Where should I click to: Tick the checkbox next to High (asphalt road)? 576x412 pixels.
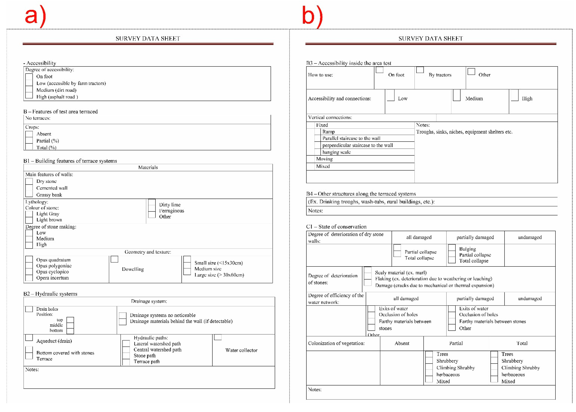click(x=29, y=96)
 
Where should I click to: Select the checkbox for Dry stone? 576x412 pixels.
click(x=29, y=181)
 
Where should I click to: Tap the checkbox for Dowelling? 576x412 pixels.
click(x=115, y=259)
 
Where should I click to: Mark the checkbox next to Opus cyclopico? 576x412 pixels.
click(x=29, y=272)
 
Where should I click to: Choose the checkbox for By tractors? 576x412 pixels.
click(x=420, y=70)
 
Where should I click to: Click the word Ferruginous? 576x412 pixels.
click(x=172, y=211)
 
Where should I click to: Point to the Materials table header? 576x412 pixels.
click(x=148, y=167)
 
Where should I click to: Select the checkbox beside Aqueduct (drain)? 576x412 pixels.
click(x=29, y=337)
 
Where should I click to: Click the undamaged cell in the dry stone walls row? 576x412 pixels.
click(x=530, y=237)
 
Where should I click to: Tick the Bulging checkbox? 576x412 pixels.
click(x=452, y=248)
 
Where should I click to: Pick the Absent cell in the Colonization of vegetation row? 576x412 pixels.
click(x=402, y=343)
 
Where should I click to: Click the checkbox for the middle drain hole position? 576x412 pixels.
click(x=70, y=325)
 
